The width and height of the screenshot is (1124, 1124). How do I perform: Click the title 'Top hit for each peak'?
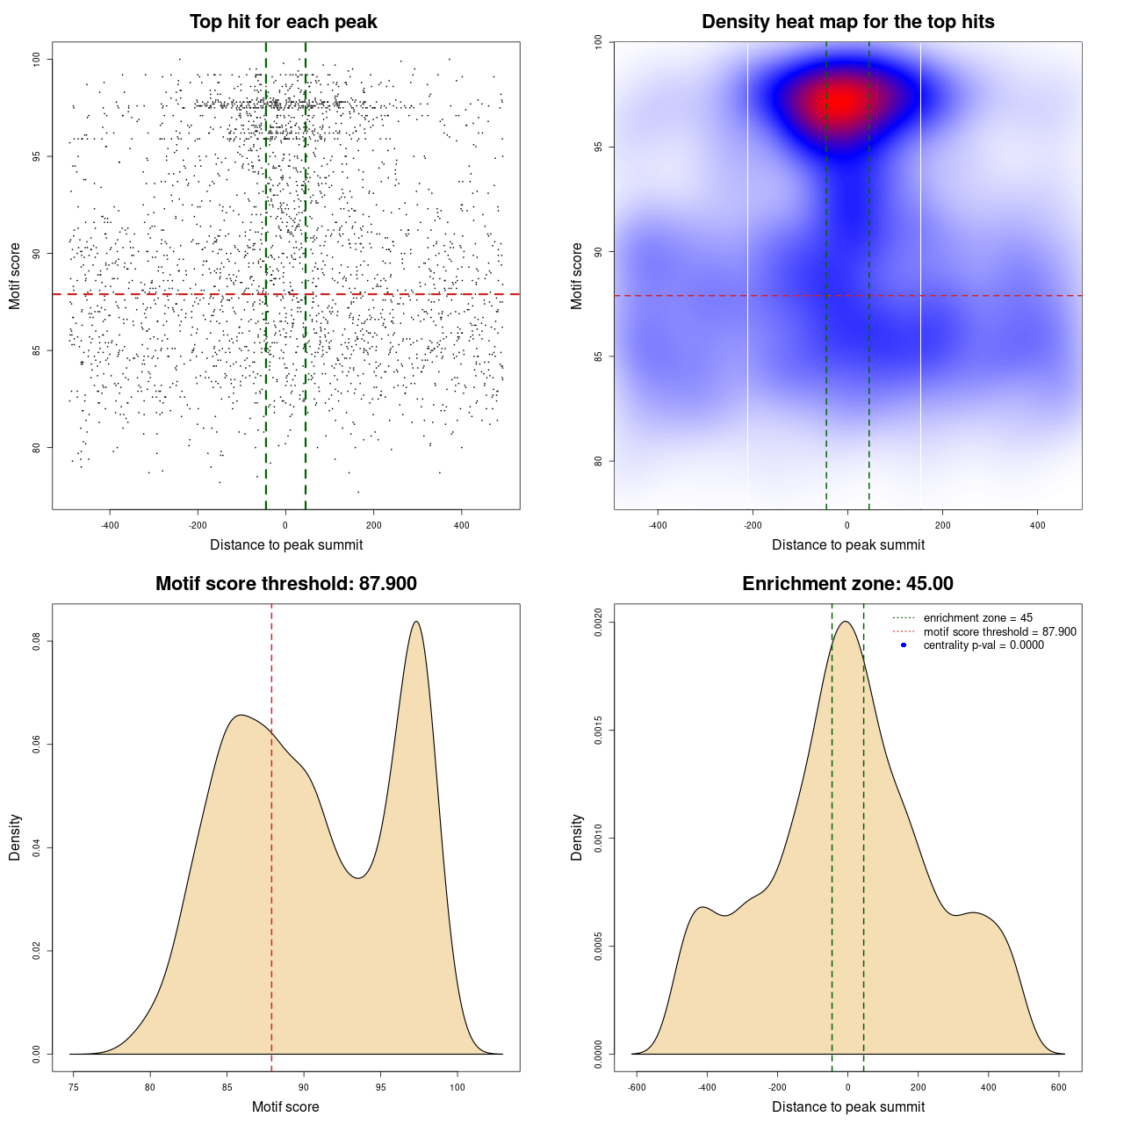(284, 22)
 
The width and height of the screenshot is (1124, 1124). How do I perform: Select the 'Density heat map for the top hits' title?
(847, 22)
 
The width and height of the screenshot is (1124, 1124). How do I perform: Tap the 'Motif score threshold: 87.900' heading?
(285, 584)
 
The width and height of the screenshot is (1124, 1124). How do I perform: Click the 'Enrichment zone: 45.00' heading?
(847, 584)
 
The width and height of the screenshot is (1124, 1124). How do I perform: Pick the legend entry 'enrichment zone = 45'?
(977, 618)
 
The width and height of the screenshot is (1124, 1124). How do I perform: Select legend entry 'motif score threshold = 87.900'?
(999, 632)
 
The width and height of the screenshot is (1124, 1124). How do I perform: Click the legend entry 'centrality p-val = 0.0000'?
(983, 645)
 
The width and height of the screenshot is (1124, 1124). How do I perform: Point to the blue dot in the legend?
(904, 645)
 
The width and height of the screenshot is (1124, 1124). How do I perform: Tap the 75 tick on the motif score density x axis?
(73, 1087)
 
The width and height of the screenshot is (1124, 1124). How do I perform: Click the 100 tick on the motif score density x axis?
(458, 1087)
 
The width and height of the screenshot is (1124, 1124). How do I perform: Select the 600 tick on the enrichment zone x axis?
(1059, 1087)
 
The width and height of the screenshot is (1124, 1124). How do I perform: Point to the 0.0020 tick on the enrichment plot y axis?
(598, 623)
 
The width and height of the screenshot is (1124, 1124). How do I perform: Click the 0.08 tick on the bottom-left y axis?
(36, 642)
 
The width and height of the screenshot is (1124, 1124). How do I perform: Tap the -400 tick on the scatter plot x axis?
(110, 525)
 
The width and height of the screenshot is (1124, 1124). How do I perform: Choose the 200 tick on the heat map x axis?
(942, 525)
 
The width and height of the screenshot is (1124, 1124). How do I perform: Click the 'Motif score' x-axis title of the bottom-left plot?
(285, 1107)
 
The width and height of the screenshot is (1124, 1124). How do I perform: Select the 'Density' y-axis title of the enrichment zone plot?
(577, 837)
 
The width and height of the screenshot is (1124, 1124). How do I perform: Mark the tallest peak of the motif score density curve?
(416, 622)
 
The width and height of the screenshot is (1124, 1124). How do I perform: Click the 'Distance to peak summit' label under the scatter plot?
(286, 545)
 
